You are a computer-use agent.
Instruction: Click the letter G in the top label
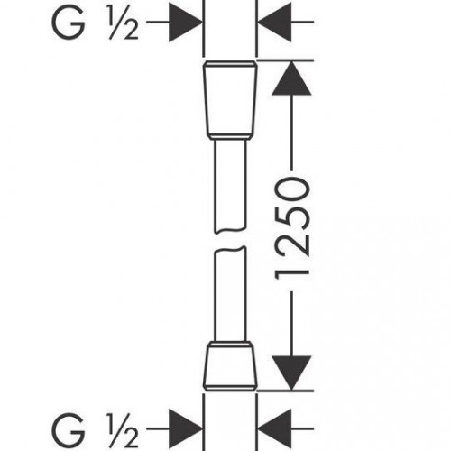(68, 23)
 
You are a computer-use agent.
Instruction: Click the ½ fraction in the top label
(124, 23)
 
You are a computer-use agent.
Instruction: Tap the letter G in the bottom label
(68, 428)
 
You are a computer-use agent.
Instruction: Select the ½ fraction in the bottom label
(124, 429)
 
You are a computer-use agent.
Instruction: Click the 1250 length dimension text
(291, 228)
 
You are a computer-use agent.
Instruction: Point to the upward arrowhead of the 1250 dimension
(291, 78)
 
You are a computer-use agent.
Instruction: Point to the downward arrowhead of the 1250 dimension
(291, 373)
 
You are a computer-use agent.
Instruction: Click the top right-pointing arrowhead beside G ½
(186, 23)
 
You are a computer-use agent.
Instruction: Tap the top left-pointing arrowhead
(274, 23)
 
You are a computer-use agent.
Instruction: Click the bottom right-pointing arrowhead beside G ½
(186, 428)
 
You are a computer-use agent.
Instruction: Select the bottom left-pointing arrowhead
(274, 428)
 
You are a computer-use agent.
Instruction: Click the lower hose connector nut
(230, 366)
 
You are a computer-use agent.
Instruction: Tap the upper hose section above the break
(230, 187)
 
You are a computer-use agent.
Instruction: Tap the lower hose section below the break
(230, 294)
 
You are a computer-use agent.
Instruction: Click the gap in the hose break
(230, 240)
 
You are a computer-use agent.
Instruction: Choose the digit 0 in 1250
(291, 189)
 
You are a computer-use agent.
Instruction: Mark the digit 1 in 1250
(291, 272)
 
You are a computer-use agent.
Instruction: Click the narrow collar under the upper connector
(230, 139)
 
